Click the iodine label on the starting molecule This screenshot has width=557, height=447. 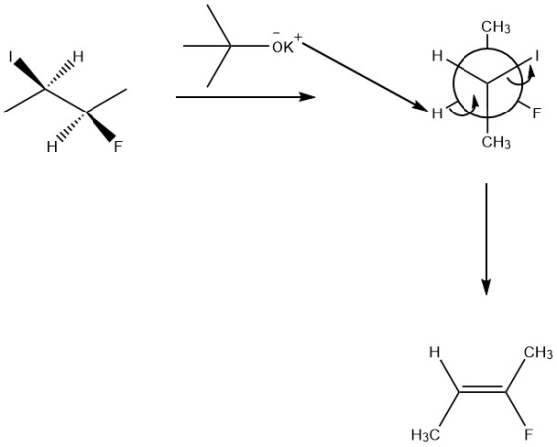11,56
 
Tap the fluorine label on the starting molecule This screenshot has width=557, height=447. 118,147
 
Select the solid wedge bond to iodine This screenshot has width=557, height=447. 30,73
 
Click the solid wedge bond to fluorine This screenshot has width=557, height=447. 100,127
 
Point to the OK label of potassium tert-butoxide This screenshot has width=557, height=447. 283,48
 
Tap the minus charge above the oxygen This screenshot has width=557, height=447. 277,34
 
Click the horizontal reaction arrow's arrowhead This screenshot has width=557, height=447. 307,97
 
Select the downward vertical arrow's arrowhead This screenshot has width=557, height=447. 486,287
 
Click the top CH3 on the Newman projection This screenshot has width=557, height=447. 496,27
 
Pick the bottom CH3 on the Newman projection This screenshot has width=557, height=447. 496,142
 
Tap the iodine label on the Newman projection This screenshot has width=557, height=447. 537,56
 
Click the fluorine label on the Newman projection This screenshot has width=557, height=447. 537,113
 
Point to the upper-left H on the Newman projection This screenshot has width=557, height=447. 437,56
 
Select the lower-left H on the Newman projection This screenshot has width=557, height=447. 437,113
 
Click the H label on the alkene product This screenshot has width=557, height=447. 434,352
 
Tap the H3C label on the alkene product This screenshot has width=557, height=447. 426,434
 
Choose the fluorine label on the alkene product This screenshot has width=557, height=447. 529,434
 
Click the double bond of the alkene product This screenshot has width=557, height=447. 482,389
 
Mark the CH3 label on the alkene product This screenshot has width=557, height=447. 538,353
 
